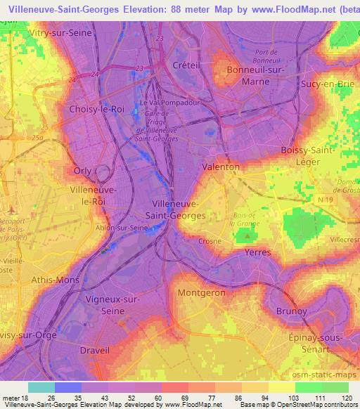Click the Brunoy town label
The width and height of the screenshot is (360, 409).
tap(292, 311)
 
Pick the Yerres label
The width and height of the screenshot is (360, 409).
tap(257, 251)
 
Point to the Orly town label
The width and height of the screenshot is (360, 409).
tap(82, 171)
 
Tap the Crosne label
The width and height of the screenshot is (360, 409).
tap(210, 240)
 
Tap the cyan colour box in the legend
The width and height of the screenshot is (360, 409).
tap(41, 387)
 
